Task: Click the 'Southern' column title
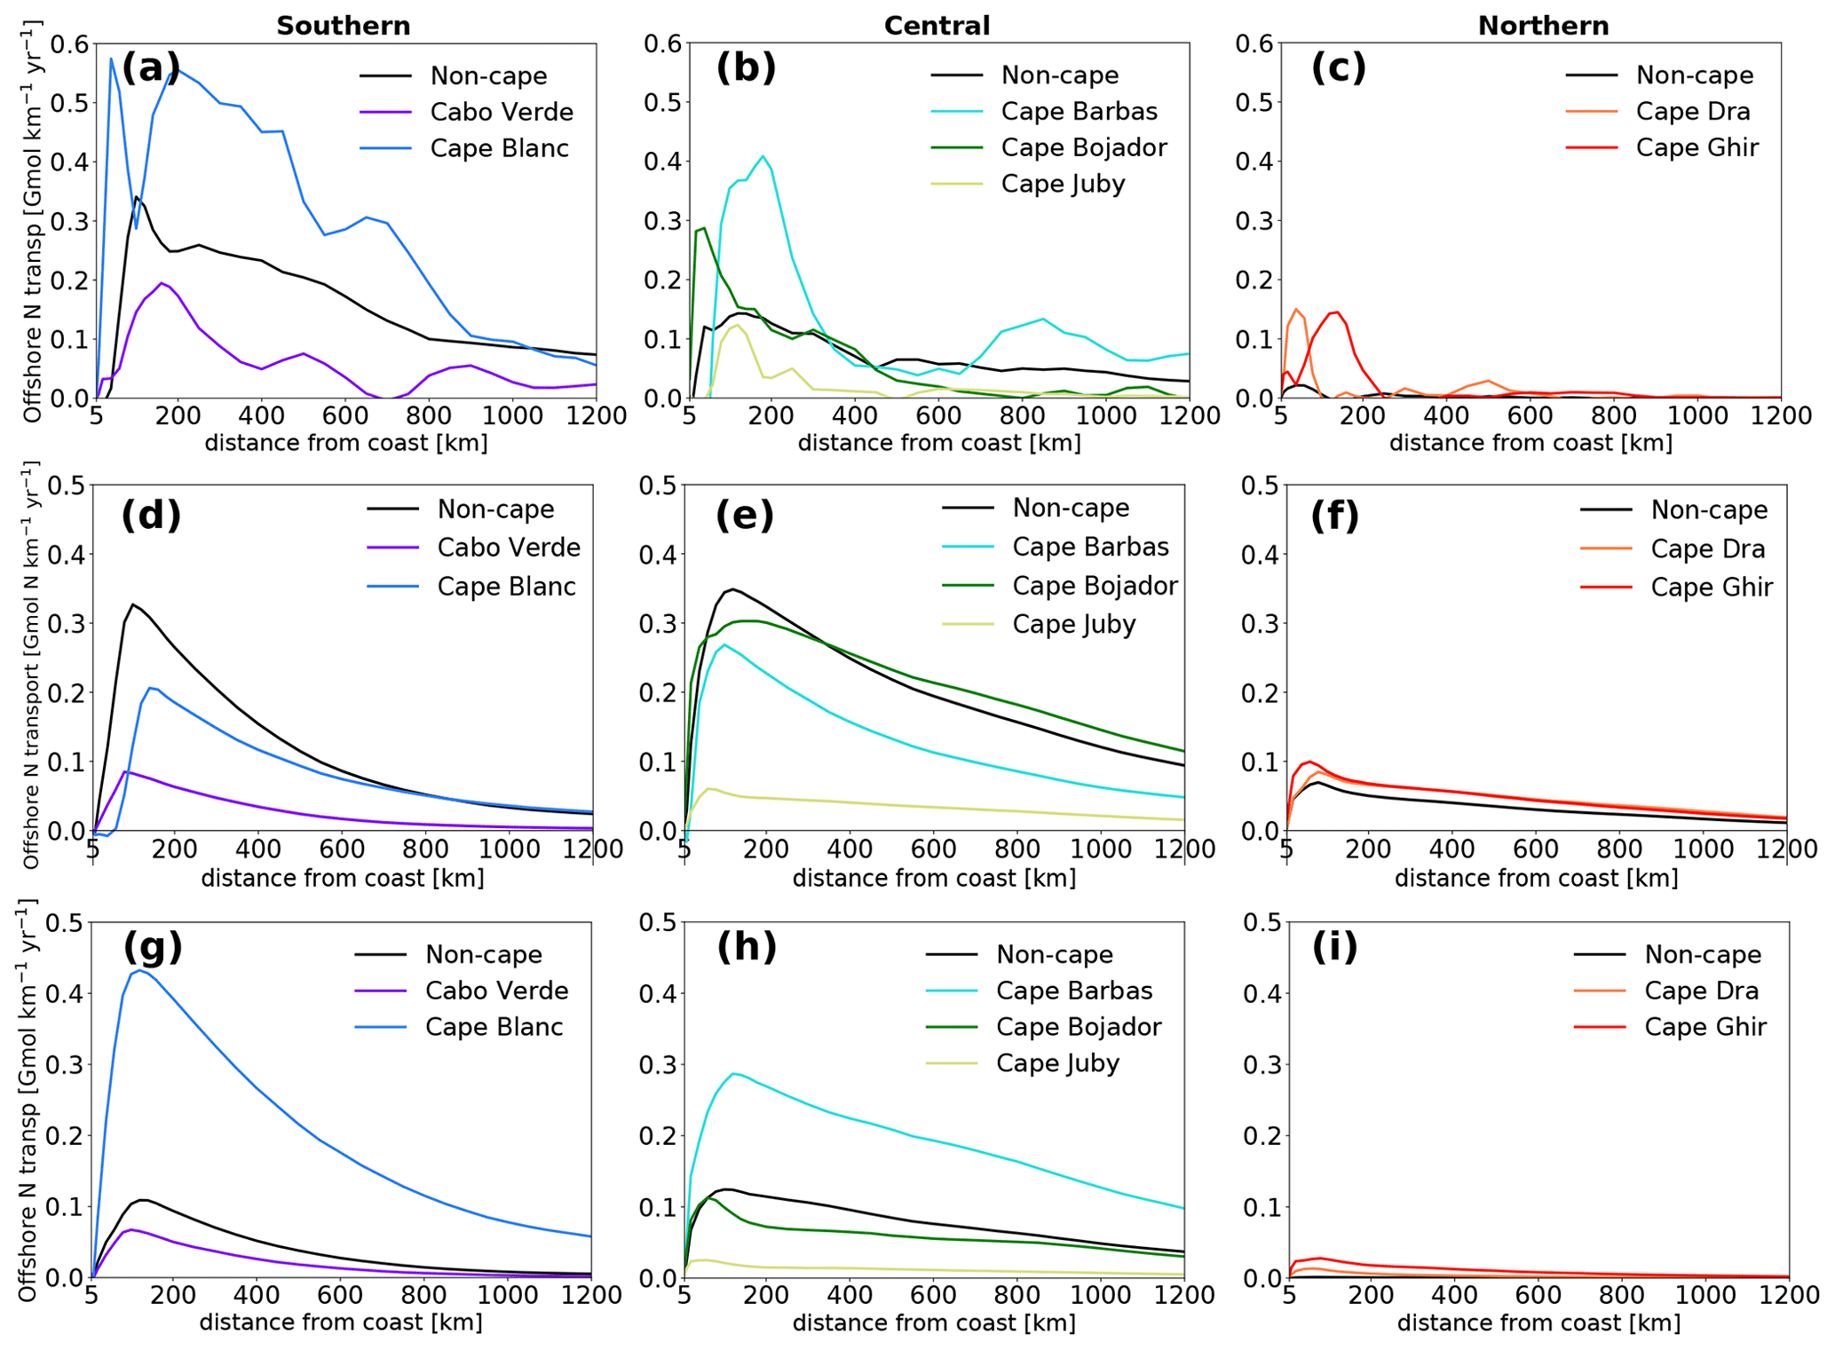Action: (x=343, y=26)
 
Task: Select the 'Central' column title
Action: (x=937, y=26)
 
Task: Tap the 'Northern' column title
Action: (x=1543, y=26)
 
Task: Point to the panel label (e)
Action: (x=744, y=515)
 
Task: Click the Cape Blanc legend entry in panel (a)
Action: (x=499, y=148)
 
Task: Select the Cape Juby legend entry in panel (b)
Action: (x=1063, y=184)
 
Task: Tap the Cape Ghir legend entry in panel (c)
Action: (x=1697, y=147)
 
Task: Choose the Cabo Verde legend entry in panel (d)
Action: (x=509, y=548)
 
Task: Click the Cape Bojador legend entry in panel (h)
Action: (x=1079, y=1027)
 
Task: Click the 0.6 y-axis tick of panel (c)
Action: (x=1255, y=43)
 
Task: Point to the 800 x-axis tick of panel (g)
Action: (x=424, y=1295)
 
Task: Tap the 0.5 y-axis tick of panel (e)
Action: (x=658, y=486)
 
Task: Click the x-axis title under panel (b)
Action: (x=939, y=442)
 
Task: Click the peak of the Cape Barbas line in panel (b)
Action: (x=763, y=156)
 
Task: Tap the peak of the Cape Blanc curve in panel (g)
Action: (x=139, y=970)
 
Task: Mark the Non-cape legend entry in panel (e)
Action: (x=1071, y=508)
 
